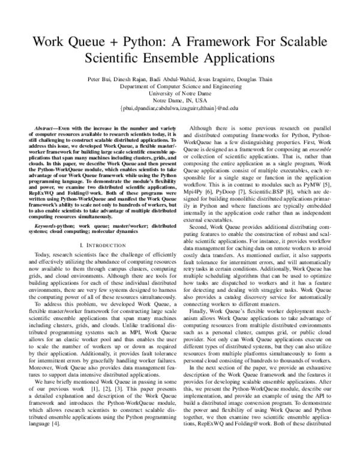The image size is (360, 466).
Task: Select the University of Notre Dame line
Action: click(180, 94)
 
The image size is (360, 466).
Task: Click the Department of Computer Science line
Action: click(180, 86)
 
